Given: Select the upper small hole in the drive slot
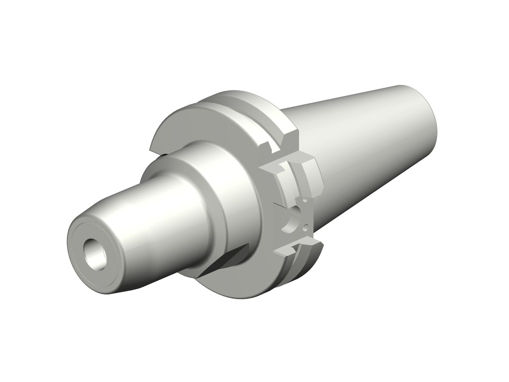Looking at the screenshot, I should tap(305, 199).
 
